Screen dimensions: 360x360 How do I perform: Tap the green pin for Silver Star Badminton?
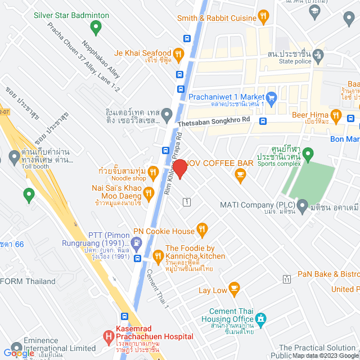pyautogui.click(x=96, y=26)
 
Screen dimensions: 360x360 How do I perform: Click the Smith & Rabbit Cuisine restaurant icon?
pyautogui.click(x=263, y=17)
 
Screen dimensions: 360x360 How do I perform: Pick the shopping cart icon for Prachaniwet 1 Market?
pyautogui.click(x=271, y=96)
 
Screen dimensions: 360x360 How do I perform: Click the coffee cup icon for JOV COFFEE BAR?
pyautogui.click(x=241, y=175)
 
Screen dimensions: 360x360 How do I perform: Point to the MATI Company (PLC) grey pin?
pyautogui.click(x=303, y=205)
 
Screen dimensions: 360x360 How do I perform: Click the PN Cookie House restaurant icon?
pyautogui.click(x=202, y=229)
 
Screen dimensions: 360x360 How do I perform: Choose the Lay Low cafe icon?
pyautogui.click(x=235, y=289)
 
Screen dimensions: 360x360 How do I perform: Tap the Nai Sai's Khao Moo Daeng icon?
pyautogui.click(x=148, y=193)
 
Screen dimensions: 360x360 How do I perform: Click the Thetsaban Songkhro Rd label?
pyautogui.click(x=214, y=120)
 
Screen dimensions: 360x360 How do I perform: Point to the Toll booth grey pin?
pyautogui.click(x=14, y=156)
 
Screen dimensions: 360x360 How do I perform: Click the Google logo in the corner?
pyautogui.click(x=19, y=353)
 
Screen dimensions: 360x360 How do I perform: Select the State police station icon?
pyautogui.click(x=318, y=55)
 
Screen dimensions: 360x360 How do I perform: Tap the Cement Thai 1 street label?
pyautogui.click(x=157, y=289)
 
